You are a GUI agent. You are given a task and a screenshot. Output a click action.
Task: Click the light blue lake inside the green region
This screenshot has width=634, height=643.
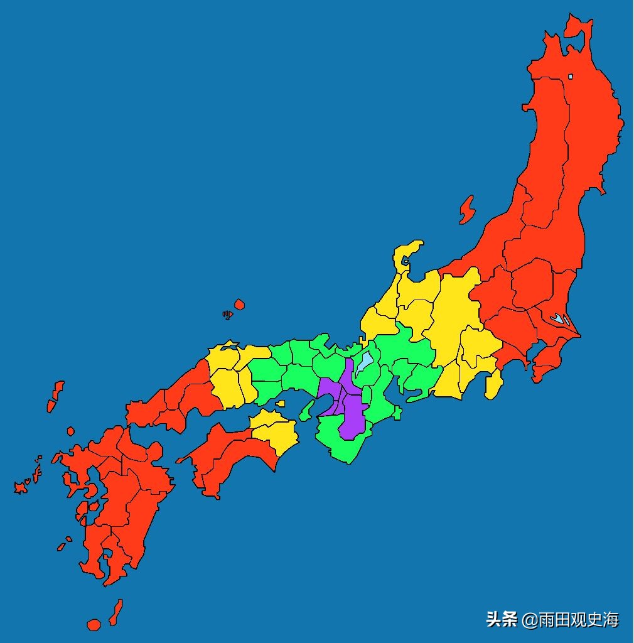click(x=364, y=364)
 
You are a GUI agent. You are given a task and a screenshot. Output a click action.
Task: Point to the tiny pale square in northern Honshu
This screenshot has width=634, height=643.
click(x=570, y=77)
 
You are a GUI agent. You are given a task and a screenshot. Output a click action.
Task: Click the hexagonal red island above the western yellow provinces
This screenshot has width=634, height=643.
click(x=239, y=305)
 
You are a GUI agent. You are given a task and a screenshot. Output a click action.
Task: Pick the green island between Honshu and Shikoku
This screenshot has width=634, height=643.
click(x=306, y=410)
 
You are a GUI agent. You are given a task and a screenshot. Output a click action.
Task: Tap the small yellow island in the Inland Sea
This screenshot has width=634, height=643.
click(x=280, y=404)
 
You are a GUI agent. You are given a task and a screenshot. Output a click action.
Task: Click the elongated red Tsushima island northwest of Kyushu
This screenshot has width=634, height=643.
click(x=56, y=396)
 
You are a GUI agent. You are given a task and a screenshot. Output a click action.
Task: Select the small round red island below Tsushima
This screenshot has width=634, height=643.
click(x=70, y=431)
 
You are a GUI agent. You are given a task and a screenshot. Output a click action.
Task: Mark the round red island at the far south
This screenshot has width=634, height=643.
click(x=94, y=624)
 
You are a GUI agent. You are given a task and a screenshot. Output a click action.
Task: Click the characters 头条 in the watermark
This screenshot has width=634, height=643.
click(x=501, y=620)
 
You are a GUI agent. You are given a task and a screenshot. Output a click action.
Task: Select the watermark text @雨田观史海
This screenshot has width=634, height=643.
click(x=571, y=620)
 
